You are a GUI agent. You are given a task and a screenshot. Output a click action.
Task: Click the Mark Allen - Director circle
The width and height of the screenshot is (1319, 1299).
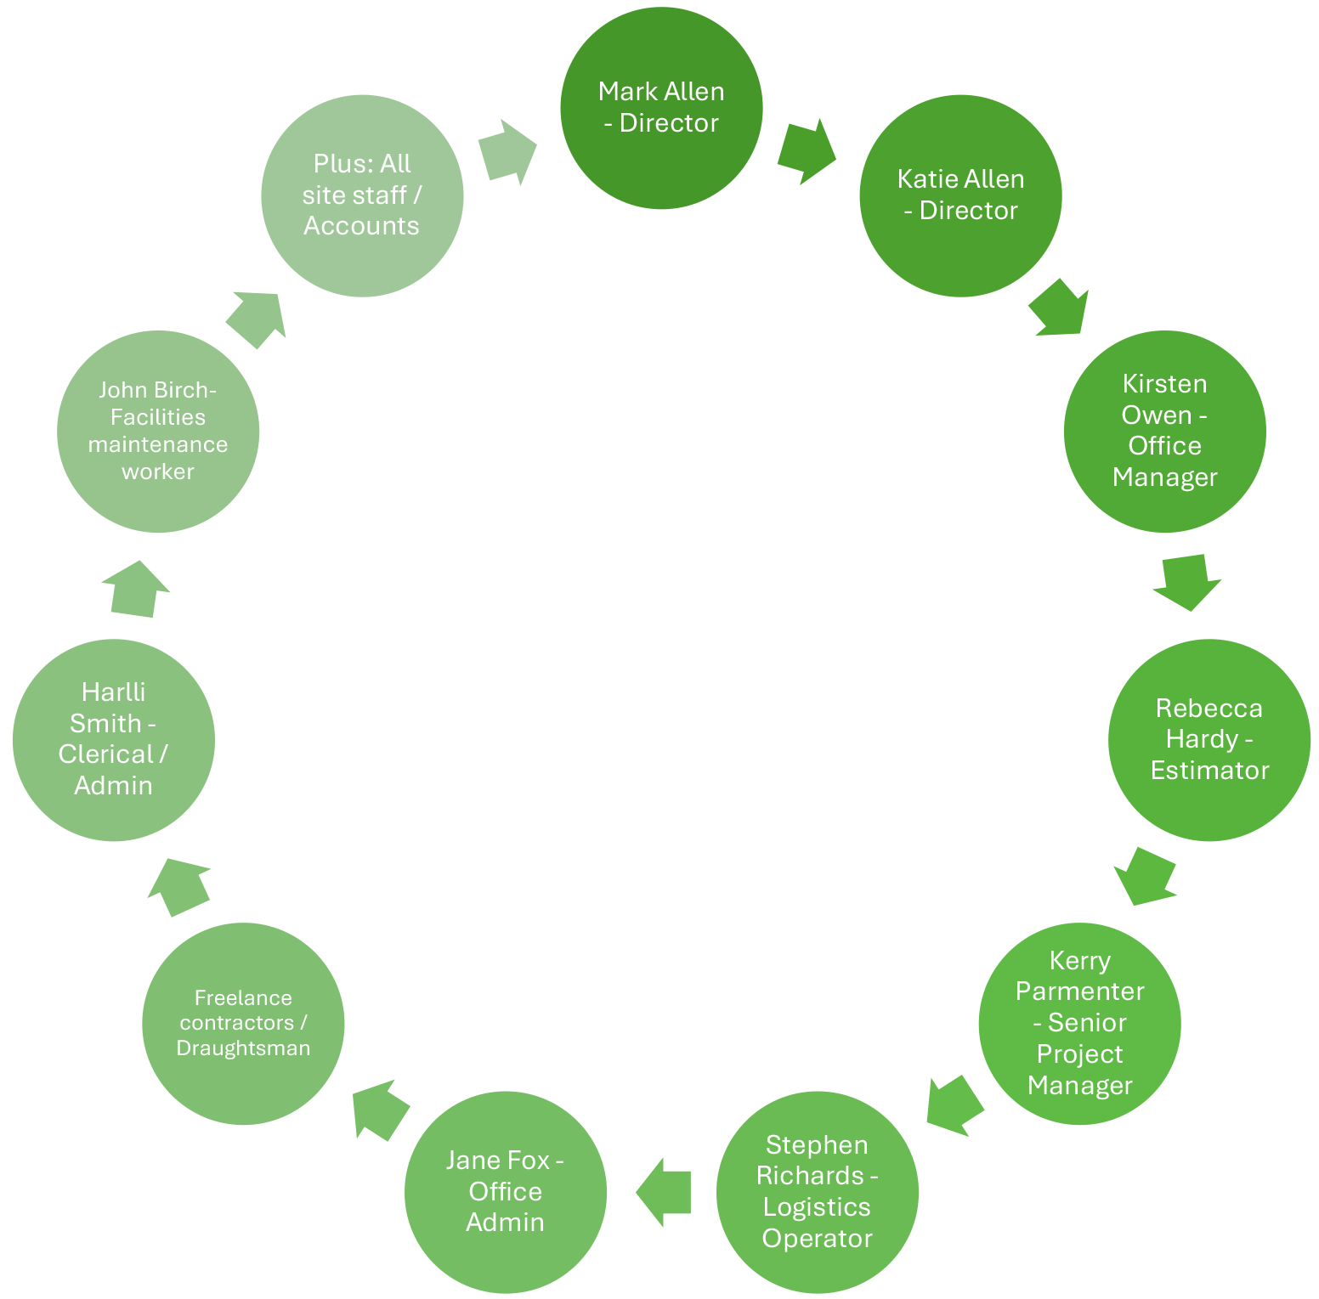[661, 107]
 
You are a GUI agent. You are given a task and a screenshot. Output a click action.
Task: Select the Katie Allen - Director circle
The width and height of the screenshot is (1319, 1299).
[960, 195]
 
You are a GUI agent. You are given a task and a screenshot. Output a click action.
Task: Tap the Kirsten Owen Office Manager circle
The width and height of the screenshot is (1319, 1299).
[1164, 431]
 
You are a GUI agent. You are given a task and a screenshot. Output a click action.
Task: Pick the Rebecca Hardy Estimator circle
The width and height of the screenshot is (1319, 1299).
[1209, 739]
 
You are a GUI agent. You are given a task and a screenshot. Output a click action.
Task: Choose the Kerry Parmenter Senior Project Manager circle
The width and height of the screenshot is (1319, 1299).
[1079, 1023]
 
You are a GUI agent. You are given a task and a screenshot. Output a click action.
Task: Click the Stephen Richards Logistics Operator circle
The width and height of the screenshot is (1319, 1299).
[817, 1191]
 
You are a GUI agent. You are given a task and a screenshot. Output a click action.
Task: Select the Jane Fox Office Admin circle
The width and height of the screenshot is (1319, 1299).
[505, 1191]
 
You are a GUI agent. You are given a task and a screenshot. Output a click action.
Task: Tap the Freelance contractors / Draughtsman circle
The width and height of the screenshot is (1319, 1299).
[243, 1023]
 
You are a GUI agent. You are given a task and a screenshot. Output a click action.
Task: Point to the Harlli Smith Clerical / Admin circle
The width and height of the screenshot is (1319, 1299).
[114, 739]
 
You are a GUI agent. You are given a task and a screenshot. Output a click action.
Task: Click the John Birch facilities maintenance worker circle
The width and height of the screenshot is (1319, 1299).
[158, 431]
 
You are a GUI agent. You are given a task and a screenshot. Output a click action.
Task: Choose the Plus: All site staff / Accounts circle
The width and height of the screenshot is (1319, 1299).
[362, 195]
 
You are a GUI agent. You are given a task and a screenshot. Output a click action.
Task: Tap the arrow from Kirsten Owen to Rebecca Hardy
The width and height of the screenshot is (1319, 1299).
[1186, 582]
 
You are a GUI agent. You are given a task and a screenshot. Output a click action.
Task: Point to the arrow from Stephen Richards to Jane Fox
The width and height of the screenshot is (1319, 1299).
[664, 1191]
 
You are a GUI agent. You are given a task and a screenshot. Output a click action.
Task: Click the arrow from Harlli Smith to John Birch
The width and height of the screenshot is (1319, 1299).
[136, 588]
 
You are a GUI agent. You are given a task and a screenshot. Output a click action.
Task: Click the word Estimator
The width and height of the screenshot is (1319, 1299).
[1209, 771]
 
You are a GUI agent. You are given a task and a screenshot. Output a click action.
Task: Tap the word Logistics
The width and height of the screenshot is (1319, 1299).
[817, 1207]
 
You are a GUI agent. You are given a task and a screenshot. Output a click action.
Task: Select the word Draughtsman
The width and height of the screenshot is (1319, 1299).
[243, 1048]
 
